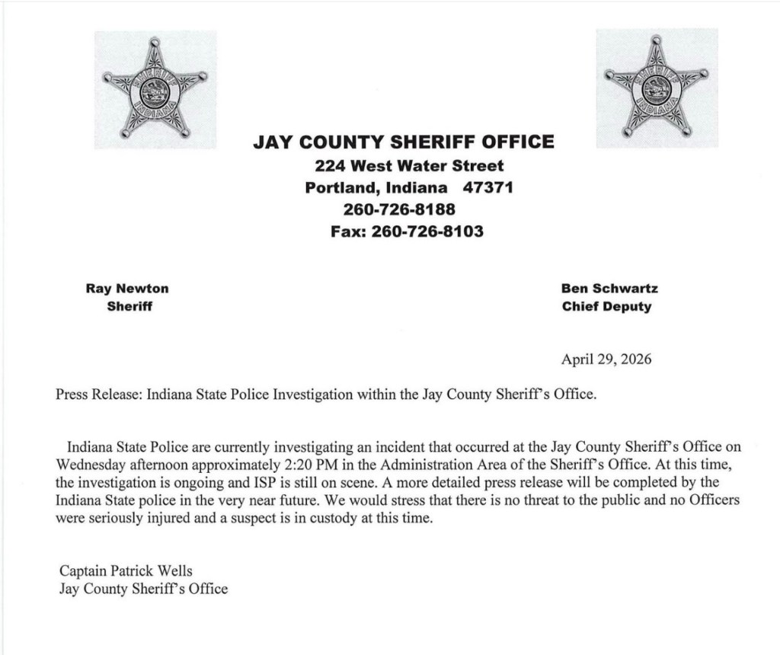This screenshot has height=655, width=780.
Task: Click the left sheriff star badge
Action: (155, 90)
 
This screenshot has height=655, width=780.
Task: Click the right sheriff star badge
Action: (657, 89)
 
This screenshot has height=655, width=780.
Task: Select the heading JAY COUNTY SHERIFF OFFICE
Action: (404, 142)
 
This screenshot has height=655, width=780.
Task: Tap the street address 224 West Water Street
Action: (409, 165)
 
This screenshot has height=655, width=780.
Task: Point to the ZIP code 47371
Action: (488, 187)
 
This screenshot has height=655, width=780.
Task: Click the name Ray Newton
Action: (128, 289)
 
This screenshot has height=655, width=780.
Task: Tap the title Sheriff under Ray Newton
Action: (129, 307)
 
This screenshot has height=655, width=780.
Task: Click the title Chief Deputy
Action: (606, 307)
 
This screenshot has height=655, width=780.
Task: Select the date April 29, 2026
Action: (606, 359)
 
